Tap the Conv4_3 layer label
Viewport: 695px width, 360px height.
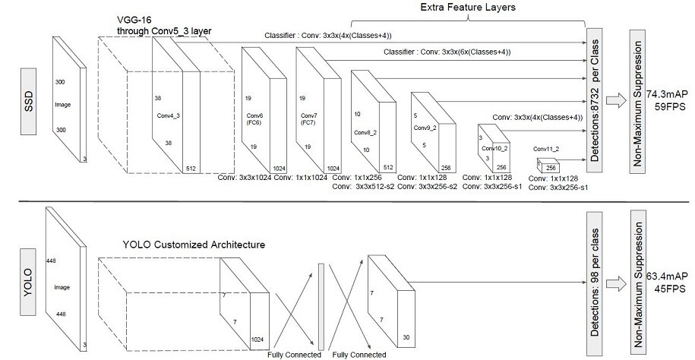(x=169, y=115)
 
